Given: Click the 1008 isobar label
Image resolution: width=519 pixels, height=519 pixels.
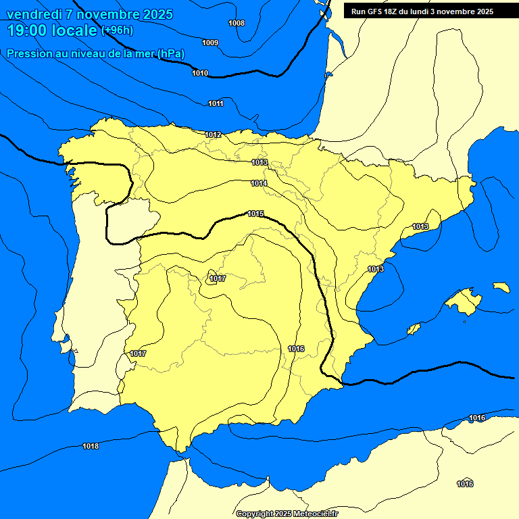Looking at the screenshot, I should click(x=237, y=24).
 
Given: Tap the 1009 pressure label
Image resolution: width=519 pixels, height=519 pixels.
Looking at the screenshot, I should click(x=210, y=43).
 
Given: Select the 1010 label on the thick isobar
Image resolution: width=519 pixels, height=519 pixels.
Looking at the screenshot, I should click(x=200, y=73).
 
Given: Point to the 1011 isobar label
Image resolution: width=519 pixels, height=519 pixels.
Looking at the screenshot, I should click(x=216, y=103).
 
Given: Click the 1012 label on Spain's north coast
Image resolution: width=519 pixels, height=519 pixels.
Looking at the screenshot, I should click(x=213, y=135).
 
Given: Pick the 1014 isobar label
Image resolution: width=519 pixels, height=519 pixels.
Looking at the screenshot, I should click(x=259, y=184).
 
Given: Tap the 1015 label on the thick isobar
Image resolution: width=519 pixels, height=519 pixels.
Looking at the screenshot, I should click(x=255, y=214).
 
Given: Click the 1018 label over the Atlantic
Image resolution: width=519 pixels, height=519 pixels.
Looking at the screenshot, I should click(x=91, y=446).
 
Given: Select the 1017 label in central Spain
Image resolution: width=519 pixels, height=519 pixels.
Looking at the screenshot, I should click(x=218, y=279).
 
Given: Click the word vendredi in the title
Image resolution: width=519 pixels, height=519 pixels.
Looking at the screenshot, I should click(x=34, y=14).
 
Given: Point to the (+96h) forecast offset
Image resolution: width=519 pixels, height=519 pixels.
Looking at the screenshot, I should click(x=118, y=30).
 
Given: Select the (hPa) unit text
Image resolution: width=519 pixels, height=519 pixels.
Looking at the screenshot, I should click(x=171, y=54).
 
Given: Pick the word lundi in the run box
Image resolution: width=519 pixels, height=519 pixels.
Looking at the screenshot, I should click(x=430, y=11).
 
